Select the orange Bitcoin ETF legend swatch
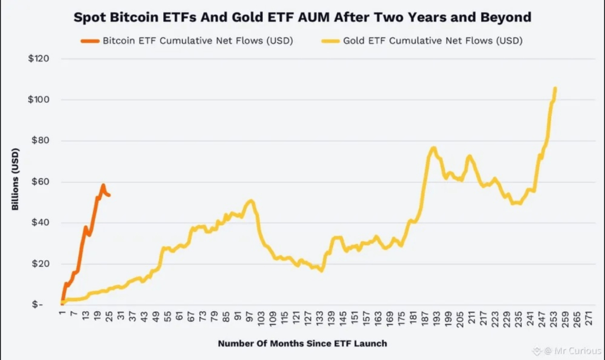[90, 41]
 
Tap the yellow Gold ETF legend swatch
[331, 41]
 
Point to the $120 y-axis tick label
[38, 59]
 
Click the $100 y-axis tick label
[38, 99]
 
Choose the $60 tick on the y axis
[41, 181]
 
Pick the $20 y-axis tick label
[41, 264]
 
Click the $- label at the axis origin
[37, 305]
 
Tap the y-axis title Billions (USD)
[15, 179]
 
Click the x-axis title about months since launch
[302, 343]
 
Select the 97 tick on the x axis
[250, 317]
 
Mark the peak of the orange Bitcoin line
[103, 186]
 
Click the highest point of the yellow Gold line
[555, 88]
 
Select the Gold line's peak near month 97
[251, 201]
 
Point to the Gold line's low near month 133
[321, 271]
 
